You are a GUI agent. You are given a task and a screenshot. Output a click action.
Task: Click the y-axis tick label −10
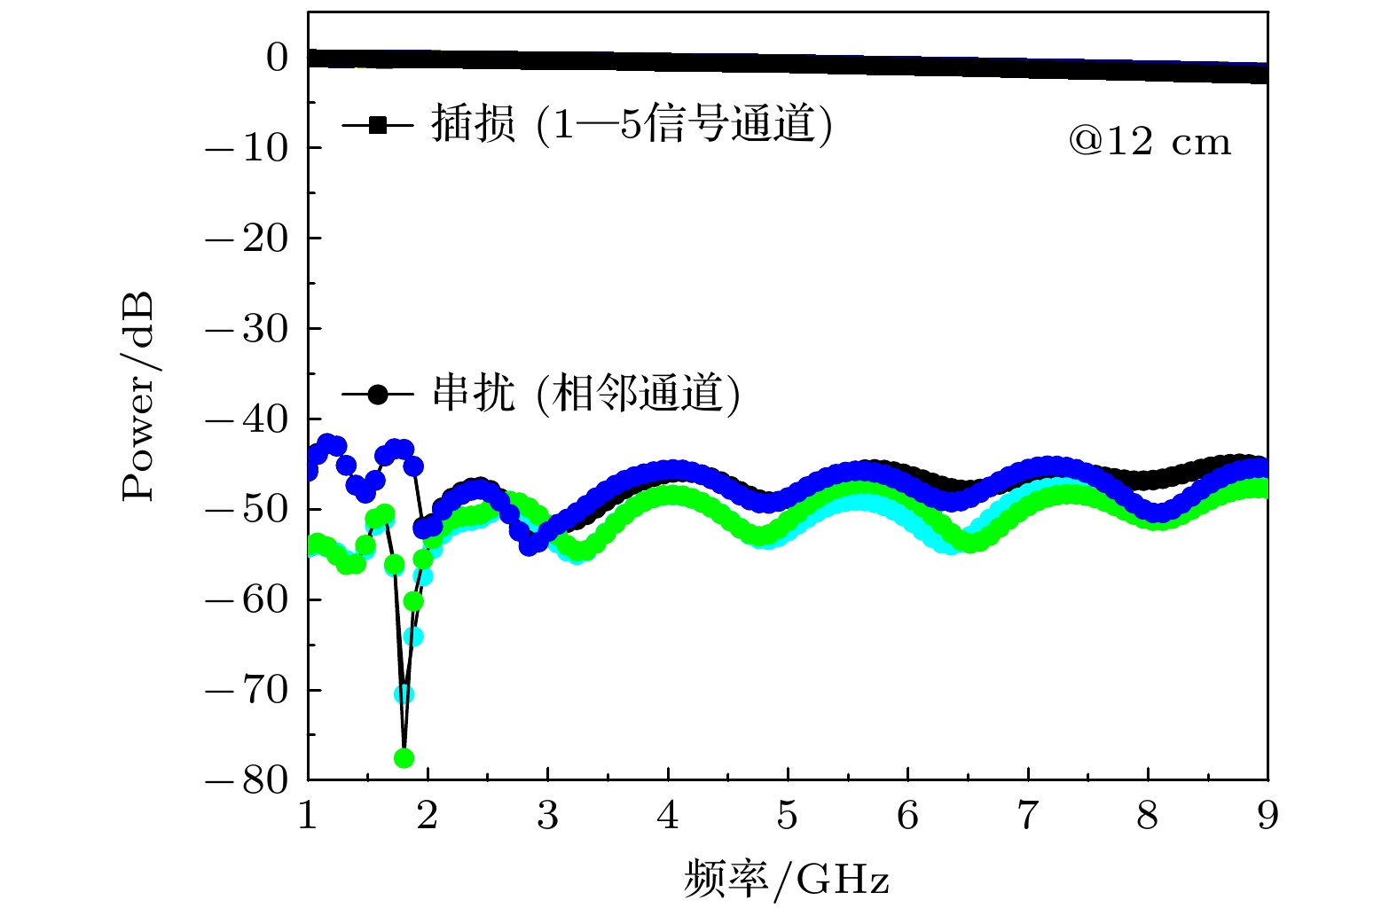pyautogui.click(x=247, y=148)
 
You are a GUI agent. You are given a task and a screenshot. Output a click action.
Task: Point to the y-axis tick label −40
pyautogui.click(x=247, y=419)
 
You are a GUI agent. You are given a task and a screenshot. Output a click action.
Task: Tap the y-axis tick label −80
pyautogui.click(x=247, y=780)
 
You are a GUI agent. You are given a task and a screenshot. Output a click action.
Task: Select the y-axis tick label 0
pyautogui.click(x=278, y=58)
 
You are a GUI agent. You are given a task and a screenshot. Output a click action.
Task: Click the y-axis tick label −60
pyautogui.click(x=247, y=600)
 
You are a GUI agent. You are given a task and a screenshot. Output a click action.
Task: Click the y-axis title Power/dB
pyautogui.click(x=138, y=395)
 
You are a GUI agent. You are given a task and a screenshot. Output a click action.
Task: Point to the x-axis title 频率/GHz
pyautogui.click(x=786, y=880)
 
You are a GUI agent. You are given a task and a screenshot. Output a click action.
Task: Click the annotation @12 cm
pyautogui.click(x=1150, y=142)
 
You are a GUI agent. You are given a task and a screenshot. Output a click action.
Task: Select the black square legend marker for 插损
pyautogui.click(x=378, y=125)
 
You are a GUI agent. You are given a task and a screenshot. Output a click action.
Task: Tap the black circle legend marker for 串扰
pyautogui.click(x=378, y=394)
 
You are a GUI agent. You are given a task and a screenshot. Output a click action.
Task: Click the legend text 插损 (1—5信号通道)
pyautogui.click(x=632, y=124)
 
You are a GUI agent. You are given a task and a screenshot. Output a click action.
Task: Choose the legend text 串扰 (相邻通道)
pyautogui.click(x=585, y=393)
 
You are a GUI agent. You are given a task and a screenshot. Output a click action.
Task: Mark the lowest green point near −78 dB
pyautogui.click(x=404, y=757)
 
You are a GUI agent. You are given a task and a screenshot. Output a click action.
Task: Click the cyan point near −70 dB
pyautogui.click(x=404, y=693)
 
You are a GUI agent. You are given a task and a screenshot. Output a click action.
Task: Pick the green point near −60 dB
pyautogui.click(x=413, y=601)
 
